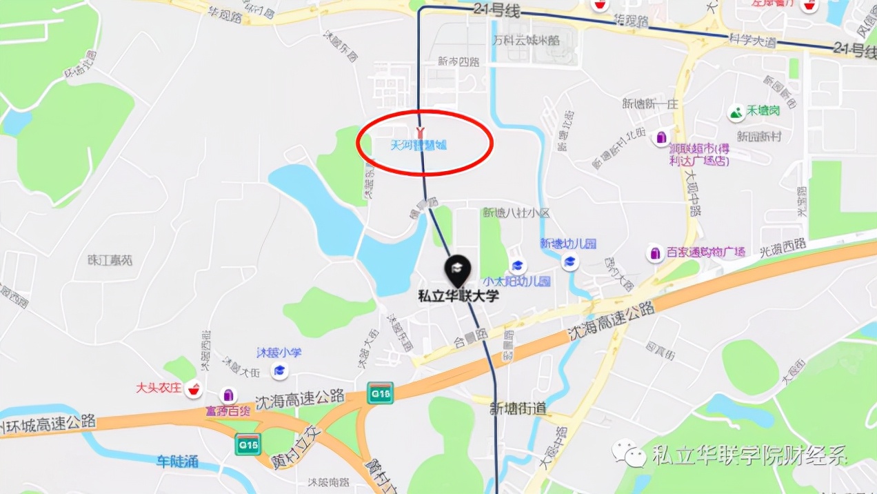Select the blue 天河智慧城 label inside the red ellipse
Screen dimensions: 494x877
pos(419,146)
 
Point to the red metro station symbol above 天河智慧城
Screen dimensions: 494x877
pos(419,131)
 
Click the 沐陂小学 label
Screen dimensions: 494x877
pos(279,353)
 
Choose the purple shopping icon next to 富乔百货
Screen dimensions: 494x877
pos(228,395)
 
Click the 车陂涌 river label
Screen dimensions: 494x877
pos(177,461)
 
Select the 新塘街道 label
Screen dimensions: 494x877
pos(518,408)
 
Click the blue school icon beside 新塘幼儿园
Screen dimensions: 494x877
pos(570,261)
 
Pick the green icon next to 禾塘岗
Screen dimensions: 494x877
pos(736,111)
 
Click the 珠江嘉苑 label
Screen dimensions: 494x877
pos(110,260)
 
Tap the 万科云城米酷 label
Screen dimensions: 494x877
pos(526,40)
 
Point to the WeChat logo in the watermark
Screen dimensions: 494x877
pos(629,455)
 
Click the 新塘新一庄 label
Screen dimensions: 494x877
pos(650,104)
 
